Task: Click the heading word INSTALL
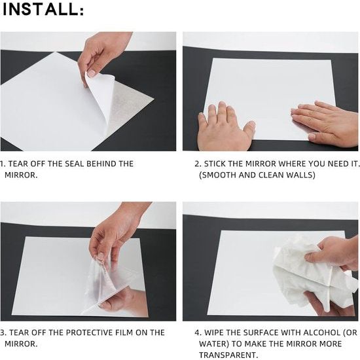41,9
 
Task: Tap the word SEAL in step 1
74,164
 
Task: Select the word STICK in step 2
215,164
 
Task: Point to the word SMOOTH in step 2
218,175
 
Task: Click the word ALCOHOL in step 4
321,333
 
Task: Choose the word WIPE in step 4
214,333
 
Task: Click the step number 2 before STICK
198,164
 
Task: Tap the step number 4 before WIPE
198,333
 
